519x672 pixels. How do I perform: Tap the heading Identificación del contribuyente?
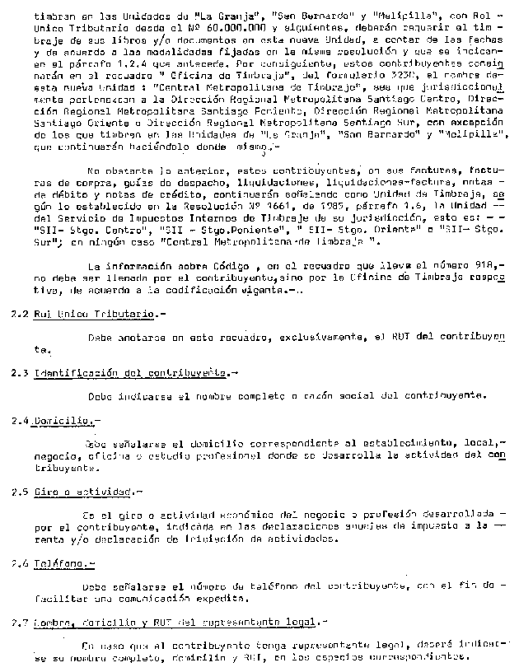[x=131, y=373]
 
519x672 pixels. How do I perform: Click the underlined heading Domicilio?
[x=63, y=420]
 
